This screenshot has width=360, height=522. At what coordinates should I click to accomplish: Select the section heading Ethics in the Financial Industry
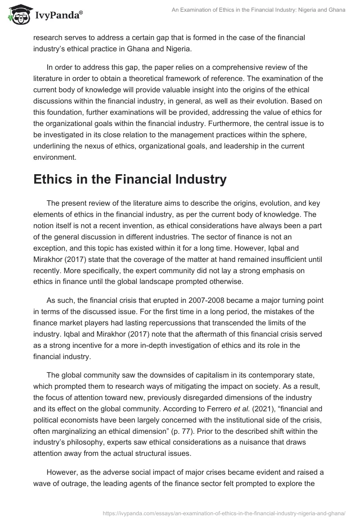[130, 179]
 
